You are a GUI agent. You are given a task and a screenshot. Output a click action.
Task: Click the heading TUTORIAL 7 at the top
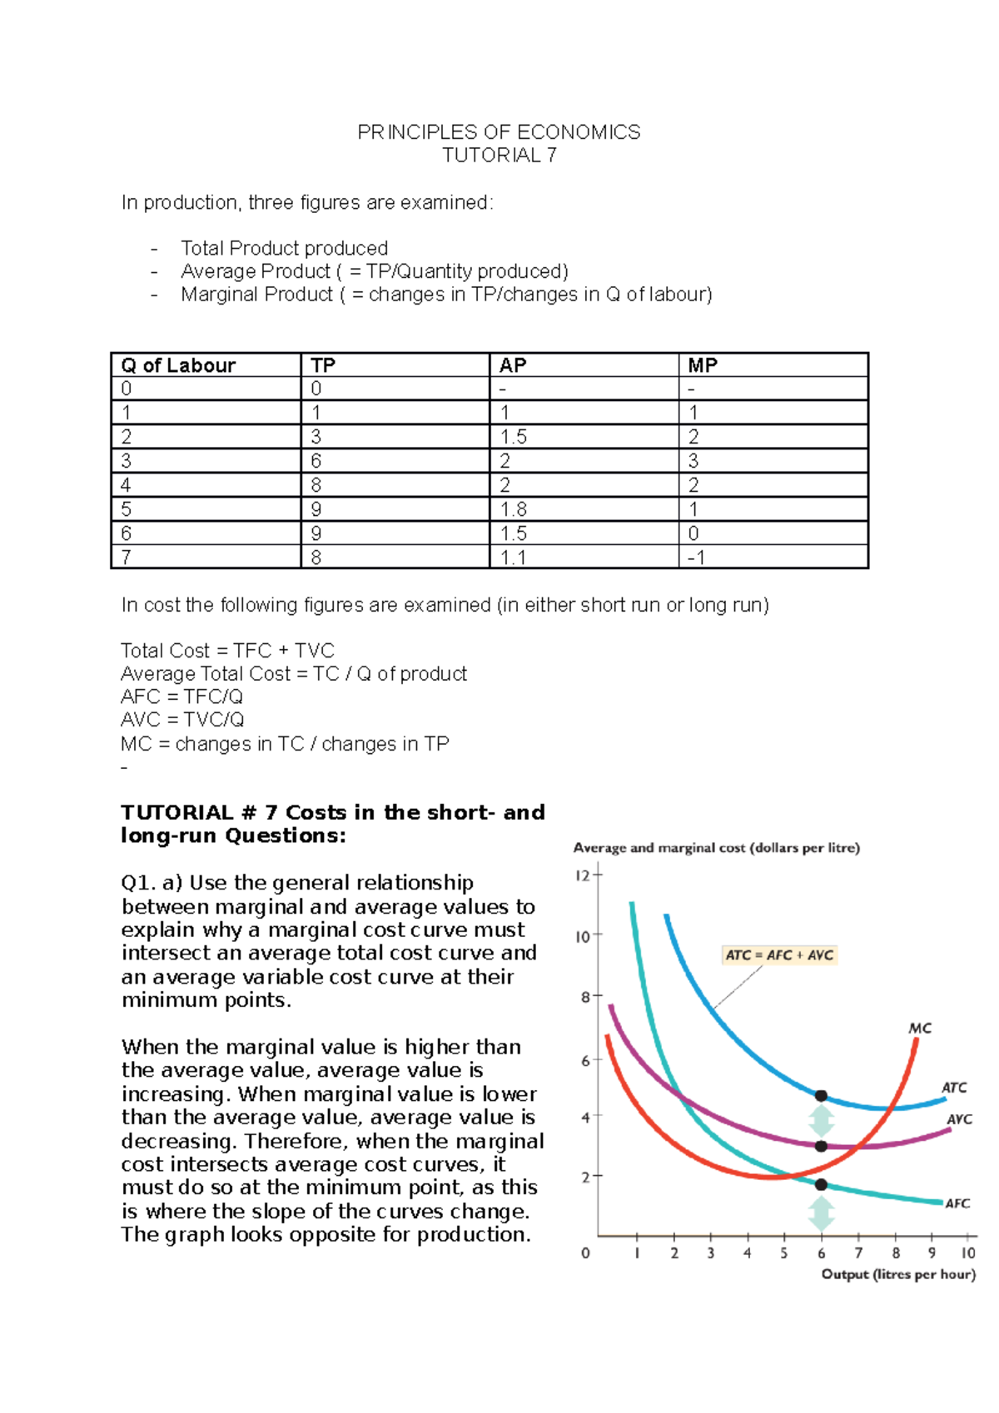pyautogui.click(x=499, y=156)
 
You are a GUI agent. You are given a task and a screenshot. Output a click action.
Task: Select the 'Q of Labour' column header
pyautogui.click(x=178, y=365)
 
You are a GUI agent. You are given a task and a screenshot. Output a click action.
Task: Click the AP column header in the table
pyautogui.click(x=513, y=365)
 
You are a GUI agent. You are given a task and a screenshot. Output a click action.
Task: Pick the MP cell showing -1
pyautogui.click(x=697, y=558)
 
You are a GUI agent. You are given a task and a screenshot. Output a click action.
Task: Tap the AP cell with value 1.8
pyautogui.click(x=513, y=509)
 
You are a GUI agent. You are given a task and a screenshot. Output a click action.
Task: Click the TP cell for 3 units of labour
pyautogui.click(x=316, y=461)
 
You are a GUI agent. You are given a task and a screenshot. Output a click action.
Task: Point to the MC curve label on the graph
pyautogui.click(x=919, y=1029)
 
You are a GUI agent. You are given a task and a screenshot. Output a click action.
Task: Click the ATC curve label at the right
pyautogui.click(x=954, y=1088)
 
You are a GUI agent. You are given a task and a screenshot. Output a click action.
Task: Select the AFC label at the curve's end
pyautogui.click(x=957, y=1203)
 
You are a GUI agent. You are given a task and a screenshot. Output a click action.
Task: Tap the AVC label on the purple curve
pyautogui.click(x=959, y=1119)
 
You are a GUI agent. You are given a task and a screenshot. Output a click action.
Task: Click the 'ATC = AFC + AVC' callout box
pyautogui.click(x=779, y=955)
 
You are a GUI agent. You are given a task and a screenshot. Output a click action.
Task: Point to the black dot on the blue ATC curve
pyautogui.click(x=821, y=1096)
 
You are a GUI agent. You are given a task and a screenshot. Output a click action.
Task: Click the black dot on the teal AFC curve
pyautogui.click(x=821, y=1184)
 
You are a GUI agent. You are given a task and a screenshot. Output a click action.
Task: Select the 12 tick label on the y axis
pyautogui.click(x=582, y=875)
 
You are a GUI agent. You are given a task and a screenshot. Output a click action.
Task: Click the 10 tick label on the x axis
pyautogui.click(x=968, y=1253)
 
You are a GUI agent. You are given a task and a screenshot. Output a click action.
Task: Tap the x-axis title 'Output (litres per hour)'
pyautogui.click(x=898, y=1274)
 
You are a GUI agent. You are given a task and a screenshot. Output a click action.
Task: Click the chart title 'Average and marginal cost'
pyautogui.click(x=716, y=848)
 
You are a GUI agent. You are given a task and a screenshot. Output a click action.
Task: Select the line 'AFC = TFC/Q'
pyautogui.click(x=182, y=697)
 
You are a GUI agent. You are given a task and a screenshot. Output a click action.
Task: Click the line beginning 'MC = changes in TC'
pyautogui.click(x=285, y=744)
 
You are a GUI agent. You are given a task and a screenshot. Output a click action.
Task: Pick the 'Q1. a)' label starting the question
pyautogui.click(x=152, y=883)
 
